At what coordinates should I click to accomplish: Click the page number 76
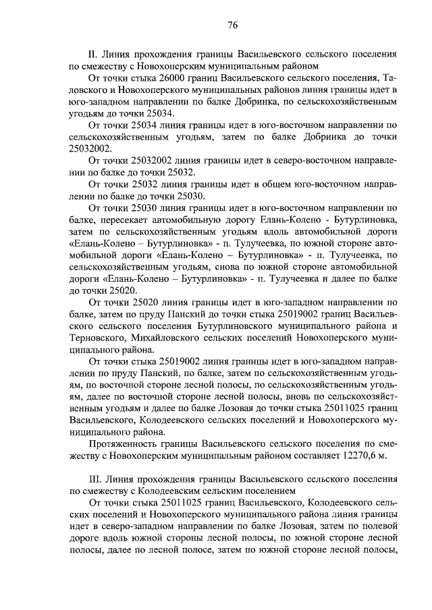pyautogui.click(x=232, y=26)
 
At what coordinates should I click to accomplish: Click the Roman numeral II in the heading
pyautogui.click(x=93, y=53)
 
